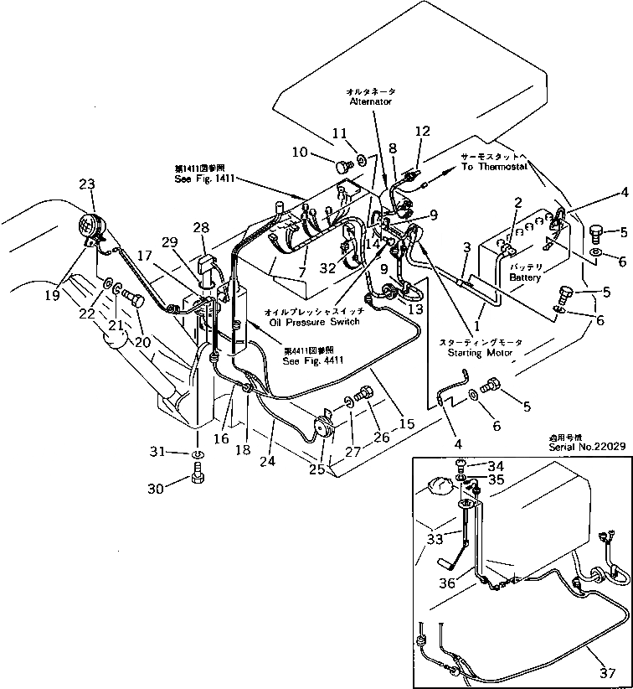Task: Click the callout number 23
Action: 88,184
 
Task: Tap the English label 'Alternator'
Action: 370,101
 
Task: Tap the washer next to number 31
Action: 197,454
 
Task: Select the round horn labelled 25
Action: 322,428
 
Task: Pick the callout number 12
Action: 422,131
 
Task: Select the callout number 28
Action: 200,228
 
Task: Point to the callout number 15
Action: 408,425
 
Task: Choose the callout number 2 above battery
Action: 517,202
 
